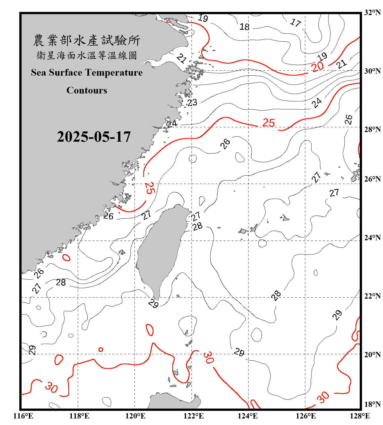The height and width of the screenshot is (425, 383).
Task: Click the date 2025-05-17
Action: point(94,137)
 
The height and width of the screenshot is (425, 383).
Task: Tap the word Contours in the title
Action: point(87,90)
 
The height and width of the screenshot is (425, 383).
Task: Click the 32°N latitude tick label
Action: point(372,12)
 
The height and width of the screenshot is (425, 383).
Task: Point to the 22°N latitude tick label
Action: point(372,296)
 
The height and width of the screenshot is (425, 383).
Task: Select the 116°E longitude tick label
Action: point(23,416)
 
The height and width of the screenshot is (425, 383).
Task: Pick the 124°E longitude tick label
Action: point(248,416)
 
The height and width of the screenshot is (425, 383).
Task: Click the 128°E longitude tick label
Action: point(360,416)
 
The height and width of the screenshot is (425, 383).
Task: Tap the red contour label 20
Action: point(317,67)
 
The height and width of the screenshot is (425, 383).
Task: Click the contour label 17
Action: point(296,22)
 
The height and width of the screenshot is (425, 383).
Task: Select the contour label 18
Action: point(244,27)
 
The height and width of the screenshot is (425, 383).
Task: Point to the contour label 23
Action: point(192,102)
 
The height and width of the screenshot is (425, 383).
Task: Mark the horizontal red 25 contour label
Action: point(268,123)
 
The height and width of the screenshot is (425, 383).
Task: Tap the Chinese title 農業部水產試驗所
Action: point(87,41)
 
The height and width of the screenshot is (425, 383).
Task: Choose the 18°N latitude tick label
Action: point(372,404)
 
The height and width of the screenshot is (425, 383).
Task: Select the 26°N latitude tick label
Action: point(372,179)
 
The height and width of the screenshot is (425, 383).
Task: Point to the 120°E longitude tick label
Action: point(135,416)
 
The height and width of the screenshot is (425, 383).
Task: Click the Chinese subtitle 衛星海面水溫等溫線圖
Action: point(87,55)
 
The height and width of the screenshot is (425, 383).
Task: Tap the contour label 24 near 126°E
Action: point(317,103)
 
